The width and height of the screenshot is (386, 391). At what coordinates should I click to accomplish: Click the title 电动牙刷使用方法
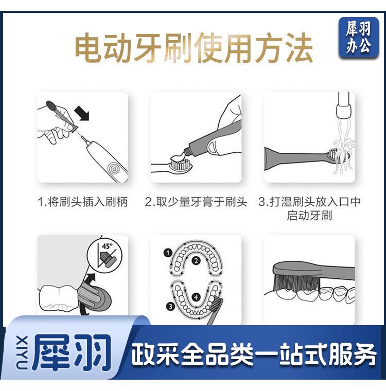(194, 49)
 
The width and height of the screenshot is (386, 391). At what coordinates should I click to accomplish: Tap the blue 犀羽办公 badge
(358, 38)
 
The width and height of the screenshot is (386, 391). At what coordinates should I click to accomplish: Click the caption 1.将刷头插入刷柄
(82, 202)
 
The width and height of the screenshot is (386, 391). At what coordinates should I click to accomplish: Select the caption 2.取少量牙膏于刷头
(196, 202)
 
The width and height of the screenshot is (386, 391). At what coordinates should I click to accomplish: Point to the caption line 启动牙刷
(309, 216)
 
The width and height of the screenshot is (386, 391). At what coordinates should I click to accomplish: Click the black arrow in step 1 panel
(82, 113)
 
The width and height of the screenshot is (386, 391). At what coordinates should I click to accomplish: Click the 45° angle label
(107, 246)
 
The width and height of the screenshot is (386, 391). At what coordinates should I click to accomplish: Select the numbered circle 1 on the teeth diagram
(168, 253)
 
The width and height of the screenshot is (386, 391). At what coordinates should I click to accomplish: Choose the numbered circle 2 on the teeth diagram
(196, 261)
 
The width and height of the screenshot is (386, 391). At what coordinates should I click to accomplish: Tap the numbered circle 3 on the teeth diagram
(171, 306)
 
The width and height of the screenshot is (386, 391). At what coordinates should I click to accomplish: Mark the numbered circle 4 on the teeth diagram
(196, 297)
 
